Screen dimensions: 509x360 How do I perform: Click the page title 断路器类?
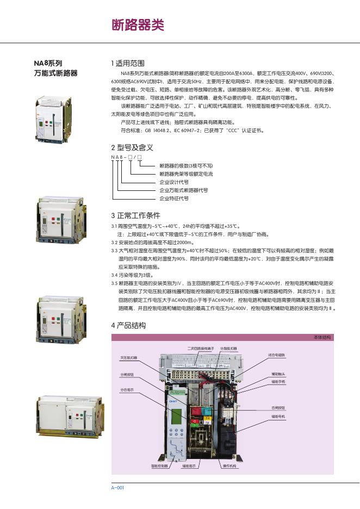137,25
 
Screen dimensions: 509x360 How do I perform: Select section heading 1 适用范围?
128,63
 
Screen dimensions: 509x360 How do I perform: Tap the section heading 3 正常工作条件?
135,215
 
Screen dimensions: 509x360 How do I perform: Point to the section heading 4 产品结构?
128,325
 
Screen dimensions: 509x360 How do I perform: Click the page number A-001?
117,487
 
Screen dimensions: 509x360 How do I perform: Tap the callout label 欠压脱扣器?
129,358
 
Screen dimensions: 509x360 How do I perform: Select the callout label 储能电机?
278,417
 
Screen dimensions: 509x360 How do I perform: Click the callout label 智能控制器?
159,466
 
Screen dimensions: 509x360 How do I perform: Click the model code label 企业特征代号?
173,198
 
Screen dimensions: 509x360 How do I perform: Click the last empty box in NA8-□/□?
139,157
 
